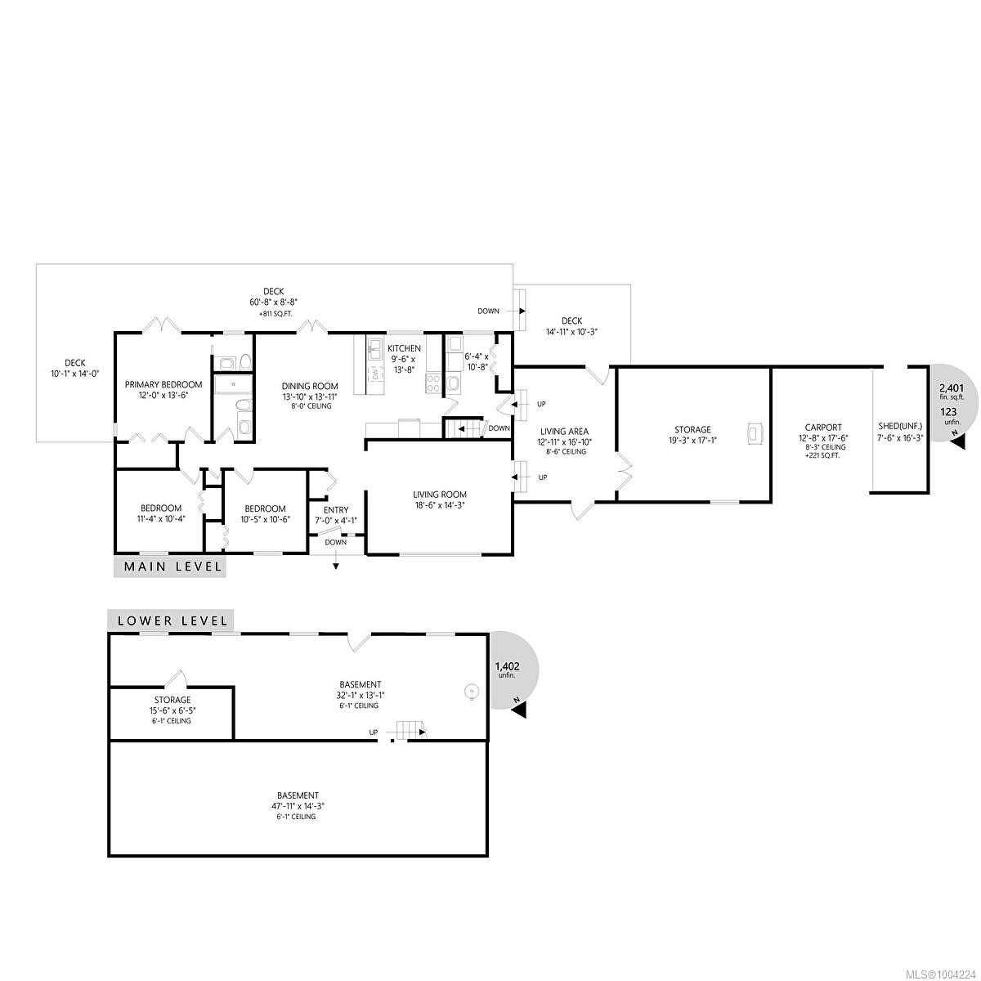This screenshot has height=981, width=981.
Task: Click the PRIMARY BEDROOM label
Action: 163,384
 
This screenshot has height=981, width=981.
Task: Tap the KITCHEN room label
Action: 404,348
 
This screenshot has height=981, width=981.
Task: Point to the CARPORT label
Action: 822,428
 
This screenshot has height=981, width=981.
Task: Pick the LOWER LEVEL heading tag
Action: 172,620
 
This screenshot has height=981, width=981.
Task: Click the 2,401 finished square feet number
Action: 952,388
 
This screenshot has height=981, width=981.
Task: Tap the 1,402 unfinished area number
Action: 507,666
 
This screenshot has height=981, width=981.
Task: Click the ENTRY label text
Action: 336,509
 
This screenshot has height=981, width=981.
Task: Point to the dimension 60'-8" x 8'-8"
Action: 274,302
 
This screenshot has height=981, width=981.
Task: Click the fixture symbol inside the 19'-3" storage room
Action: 755,434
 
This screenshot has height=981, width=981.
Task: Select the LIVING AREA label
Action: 564,432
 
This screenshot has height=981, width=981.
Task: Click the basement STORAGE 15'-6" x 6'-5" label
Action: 172,700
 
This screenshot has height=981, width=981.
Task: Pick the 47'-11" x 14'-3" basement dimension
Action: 297,805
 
